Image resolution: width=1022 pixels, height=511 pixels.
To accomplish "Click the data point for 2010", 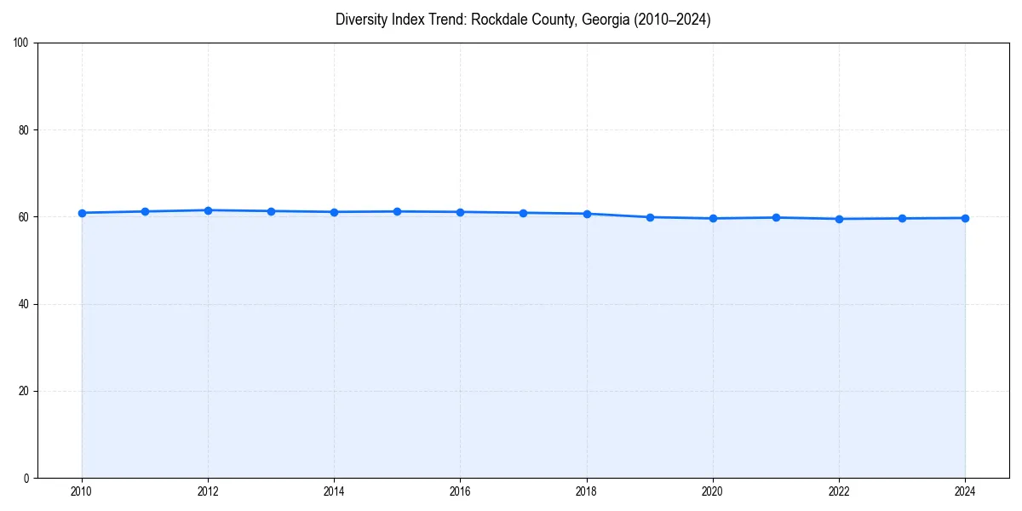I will point(82,213).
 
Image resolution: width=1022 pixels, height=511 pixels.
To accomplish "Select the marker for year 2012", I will point(208,210).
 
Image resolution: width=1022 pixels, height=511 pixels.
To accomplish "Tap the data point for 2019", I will point(650,217).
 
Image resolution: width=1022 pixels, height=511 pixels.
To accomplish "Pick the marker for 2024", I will point(965,218).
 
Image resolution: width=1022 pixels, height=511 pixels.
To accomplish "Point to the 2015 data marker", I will point(398,211).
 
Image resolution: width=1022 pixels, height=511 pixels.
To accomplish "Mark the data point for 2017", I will point(524,213).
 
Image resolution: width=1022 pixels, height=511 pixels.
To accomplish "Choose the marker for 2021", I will point(776,217).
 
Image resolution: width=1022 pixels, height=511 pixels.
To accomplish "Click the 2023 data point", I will point(902,218).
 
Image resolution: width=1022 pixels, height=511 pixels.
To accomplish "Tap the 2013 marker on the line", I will point(271,211).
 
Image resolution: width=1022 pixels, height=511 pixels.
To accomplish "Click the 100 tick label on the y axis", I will point(21,43).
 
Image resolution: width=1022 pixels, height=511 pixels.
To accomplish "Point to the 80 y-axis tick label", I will point(24,130).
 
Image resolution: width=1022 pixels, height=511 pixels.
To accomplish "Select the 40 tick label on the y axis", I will point(24,304).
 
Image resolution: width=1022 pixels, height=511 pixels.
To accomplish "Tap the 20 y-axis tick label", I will point(24,391).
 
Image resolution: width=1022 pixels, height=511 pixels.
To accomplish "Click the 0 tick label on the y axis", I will point(26,478).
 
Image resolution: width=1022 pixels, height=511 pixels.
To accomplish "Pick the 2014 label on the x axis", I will point(334,491).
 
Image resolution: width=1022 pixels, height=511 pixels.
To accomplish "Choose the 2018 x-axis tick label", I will point(587,491).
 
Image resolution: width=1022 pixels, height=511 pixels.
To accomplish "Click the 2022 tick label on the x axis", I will point(839,491).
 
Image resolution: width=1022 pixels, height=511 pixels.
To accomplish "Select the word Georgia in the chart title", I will point(606,20).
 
